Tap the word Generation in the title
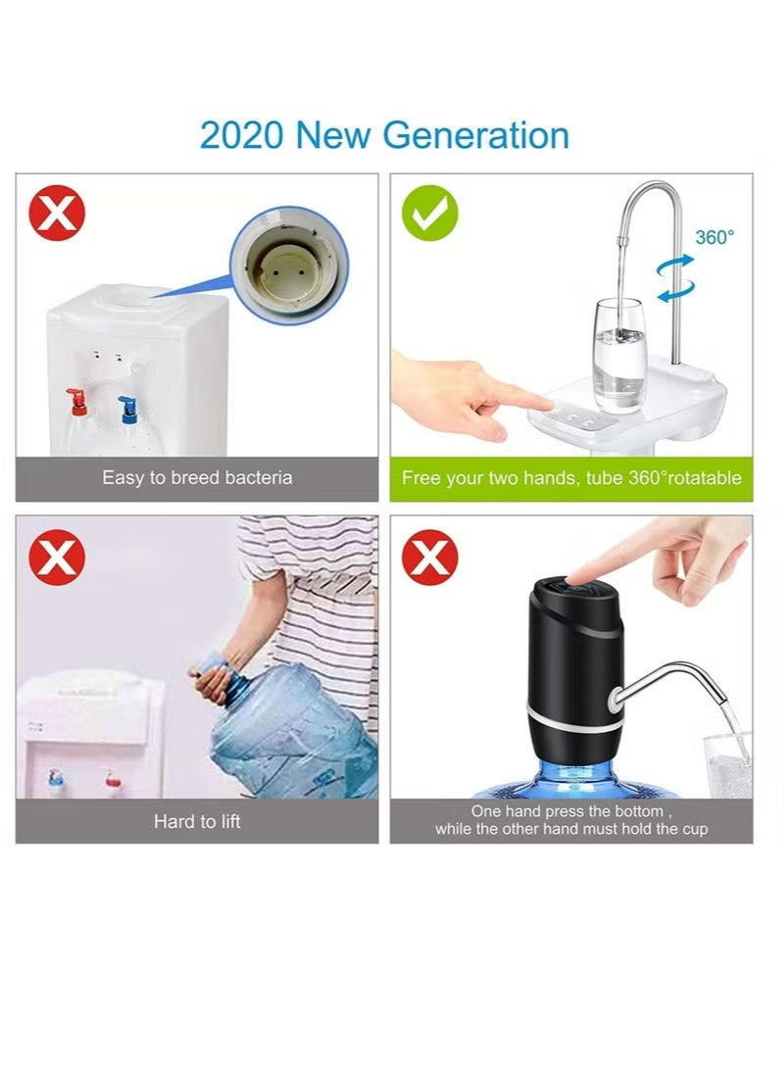(x=477, y=134)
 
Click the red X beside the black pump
(x=432, y=558)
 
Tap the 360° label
(x=714, y=237)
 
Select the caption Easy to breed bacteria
(x=197, y=479)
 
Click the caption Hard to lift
(x=197, y=821)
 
